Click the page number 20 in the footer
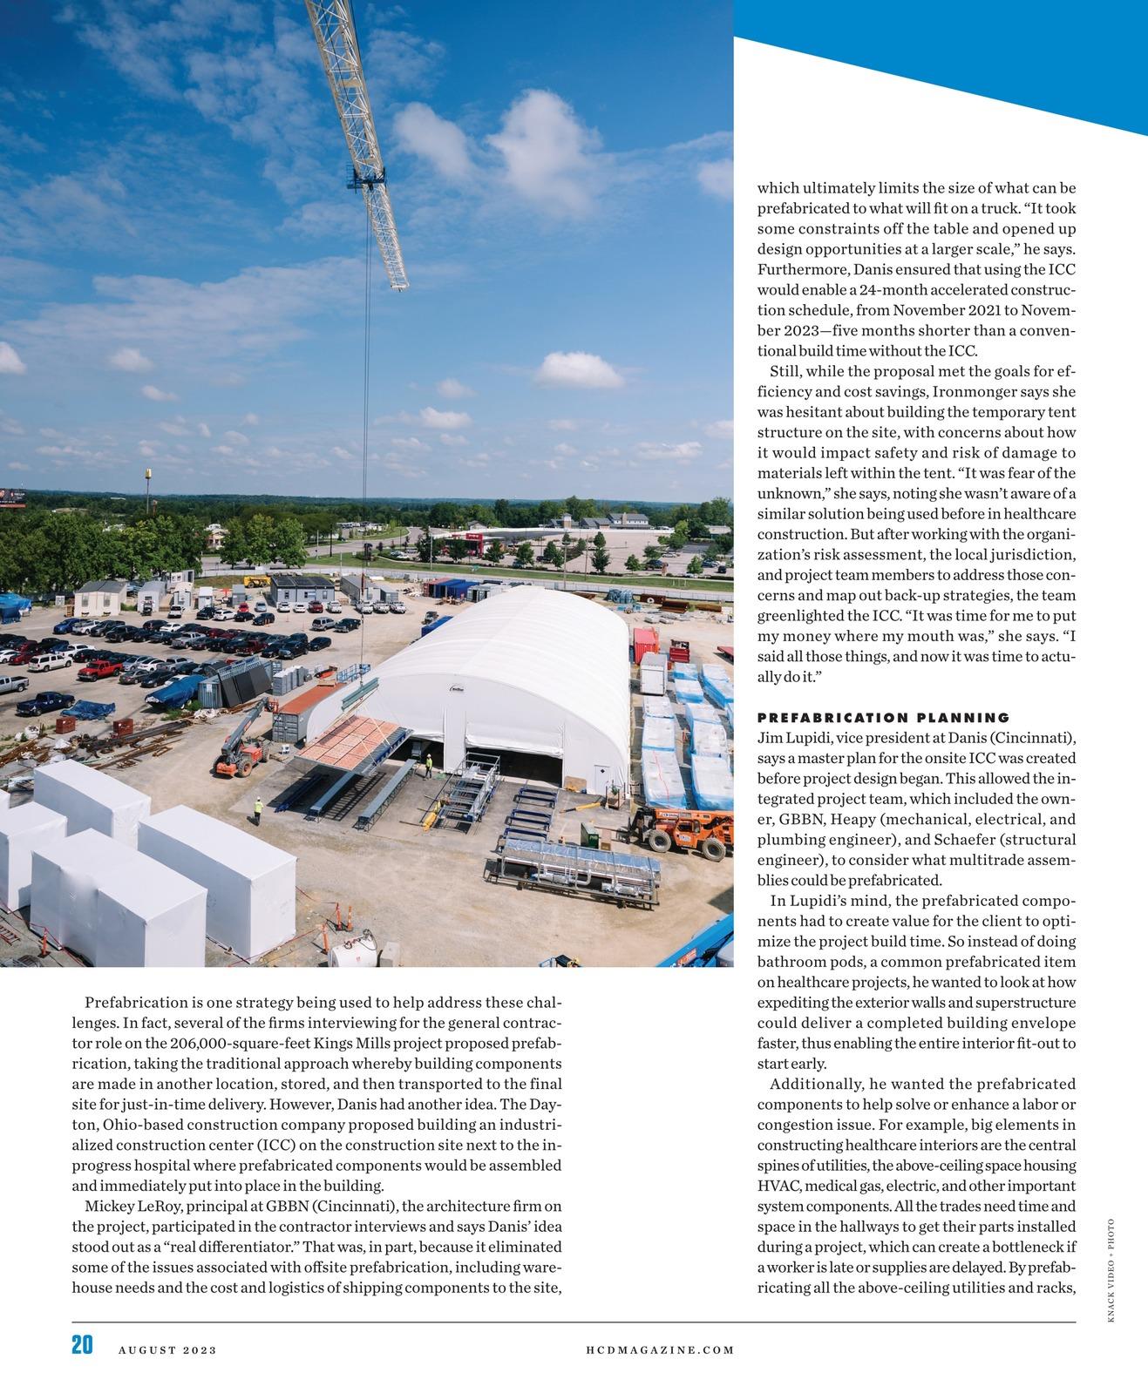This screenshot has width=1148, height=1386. tap(82, 1344)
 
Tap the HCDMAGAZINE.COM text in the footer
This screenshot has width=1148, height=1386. tap(660, 1350)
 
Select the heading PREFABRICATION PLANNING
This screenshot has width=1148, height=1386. tap(883, 718)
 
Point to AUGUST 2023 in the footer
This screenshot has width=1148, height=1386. tap(167, 1350)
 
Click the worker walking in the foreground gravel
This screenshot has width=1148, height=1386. tap(257, 810)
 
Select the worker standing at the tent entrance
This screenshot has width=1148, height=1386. tap(428, 765)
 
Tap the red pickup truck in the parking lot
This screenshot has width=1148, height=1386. tap(101, 669)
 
